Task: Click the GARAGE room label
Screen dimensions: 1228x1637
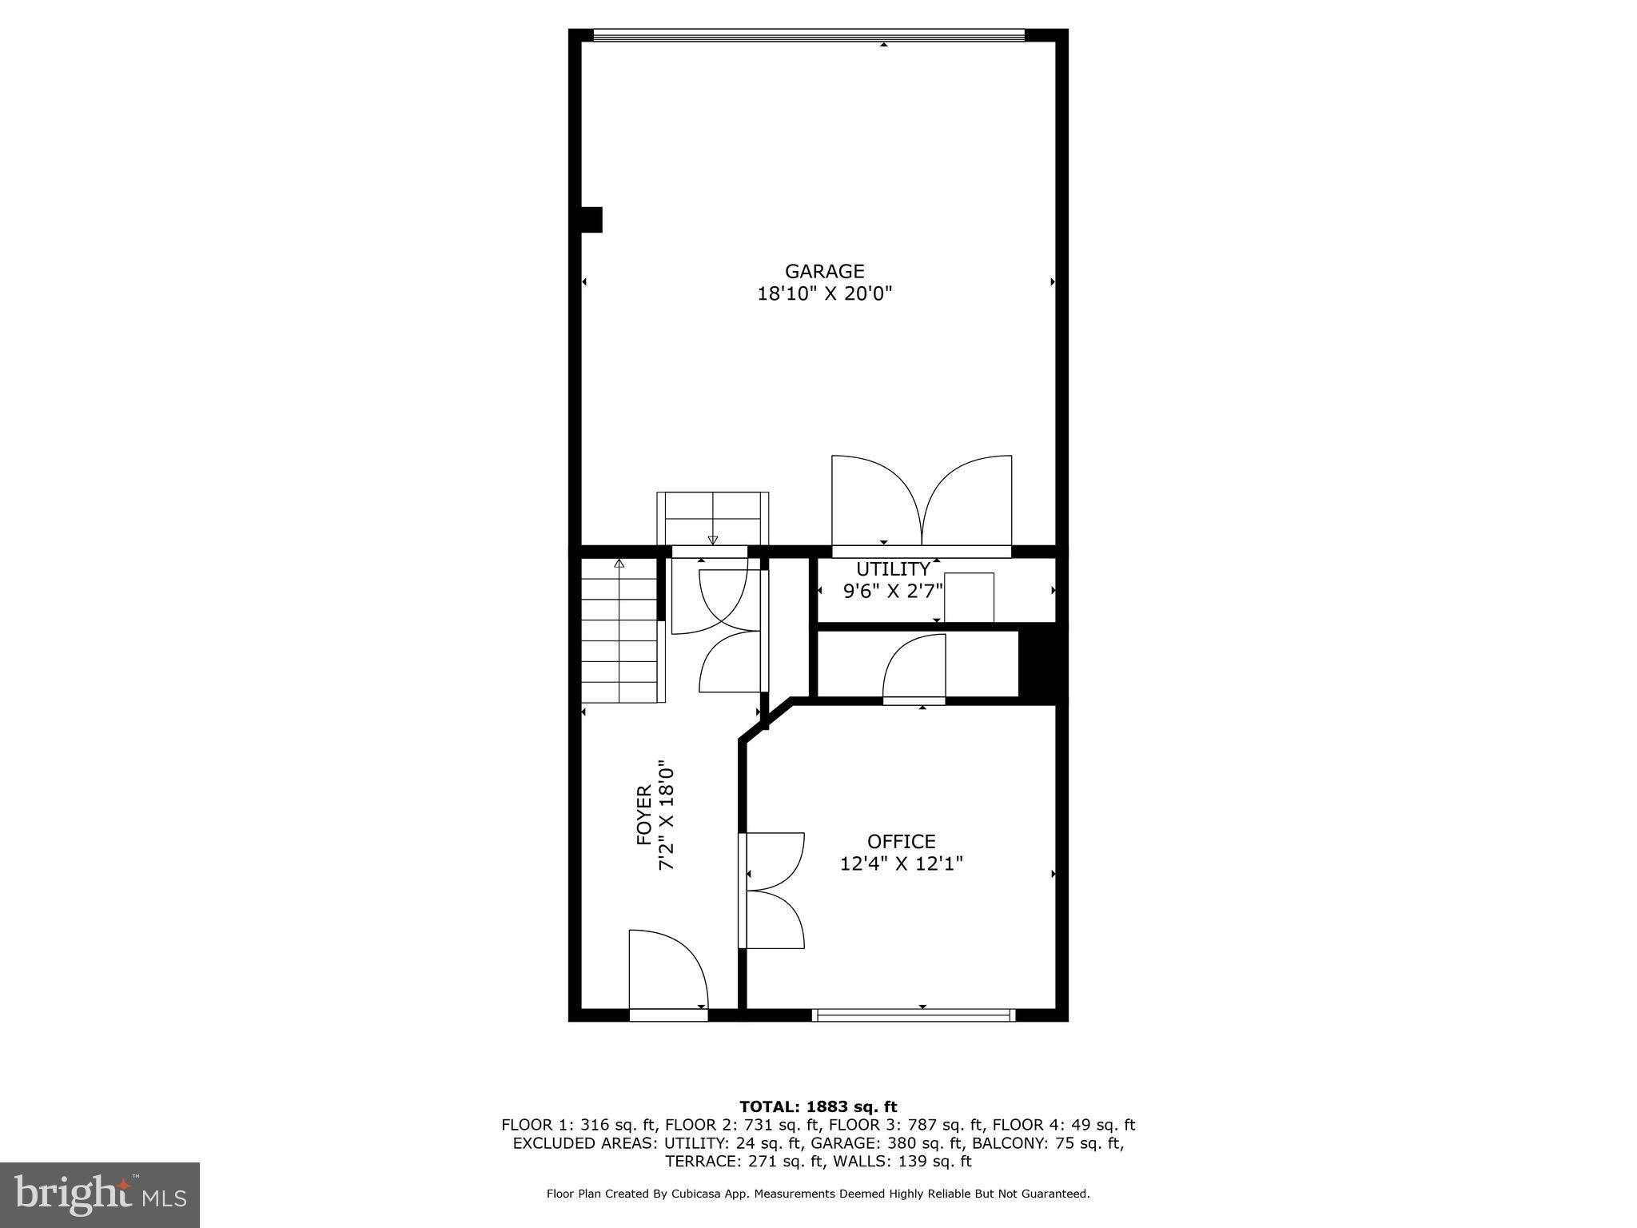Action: (824, 272)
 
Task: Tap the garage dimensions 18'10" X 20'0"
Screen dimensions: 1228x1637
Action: (824, 294)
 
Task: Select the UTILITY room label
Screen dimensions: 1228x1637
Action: (893, 569)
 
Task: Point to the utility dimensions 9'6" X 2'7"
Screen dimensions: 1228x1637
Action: (893, 592)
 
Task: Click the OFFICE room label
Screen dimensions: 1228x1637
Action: (901, 842)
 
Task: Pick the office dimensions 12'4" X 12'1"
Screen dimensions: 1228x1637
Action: (901, 864)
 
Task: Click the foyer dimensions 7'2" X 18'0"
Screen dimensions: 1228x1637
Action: (667, 815)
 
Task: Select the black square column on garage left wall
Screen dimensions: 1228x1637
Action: (591, 220)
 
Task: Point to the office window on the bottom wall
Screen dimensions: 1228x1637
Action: (914, 1015)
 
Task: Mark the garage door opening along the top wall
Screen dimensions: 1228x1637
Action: (809, 35)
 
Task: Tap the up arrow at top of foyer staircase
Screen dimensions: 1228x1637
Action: (619, 564)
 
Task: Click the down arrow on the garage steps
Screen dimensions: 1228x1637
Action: (712, 540)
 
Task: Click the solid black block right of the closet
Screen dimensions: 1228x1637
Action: (1042, 664)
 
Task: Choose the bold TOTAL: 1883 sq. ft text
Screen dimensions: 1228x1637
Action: (818, 1107)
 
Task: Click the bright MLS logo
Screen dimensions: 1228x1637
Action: (100, 1194)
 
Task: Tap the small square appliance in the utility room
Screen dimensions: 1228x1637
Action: (969, 597)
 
